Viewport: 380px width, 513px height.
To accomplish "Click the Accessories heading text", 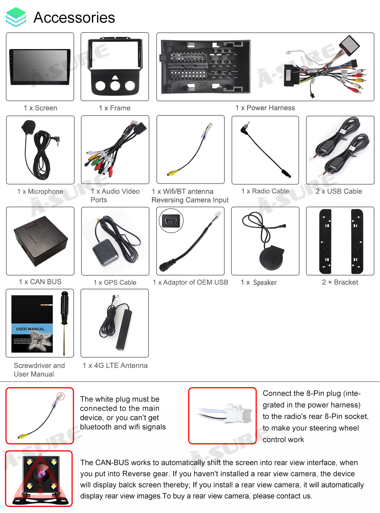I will click(x=74, y=17).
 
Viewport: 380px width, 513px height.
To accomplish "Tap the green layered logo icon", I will click(x=16, y=17).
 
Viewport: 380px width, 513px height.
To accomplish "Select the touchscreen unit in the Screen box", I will click(x=40, y=66).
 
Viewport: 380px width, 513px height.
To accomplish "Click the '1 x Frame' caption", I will click(x=114, y=108).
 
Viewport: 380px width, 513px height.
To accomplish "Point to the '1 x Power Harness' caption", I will click(x=265, y=108).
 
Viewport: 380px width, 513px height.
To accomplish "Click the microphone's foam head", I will click(x=28, y=126).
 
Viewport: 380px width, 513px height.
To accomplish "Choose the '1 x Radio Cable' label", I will click(x=265, y=191).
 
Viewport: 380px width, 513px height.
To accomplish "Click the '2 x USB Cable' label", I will click(x=339, y=191).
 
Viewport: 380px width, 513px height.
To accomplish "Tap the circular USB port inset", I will click(x=171, y=221).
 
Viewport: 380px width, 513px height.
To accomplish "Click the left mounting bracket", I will click(x=325, y=241).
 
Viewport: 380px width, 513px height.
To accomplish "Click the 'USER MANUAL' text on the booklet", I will click(x=30, y=329).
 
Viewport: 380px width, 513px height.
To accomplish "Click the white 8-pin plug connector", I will click(x=238, y=413).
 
